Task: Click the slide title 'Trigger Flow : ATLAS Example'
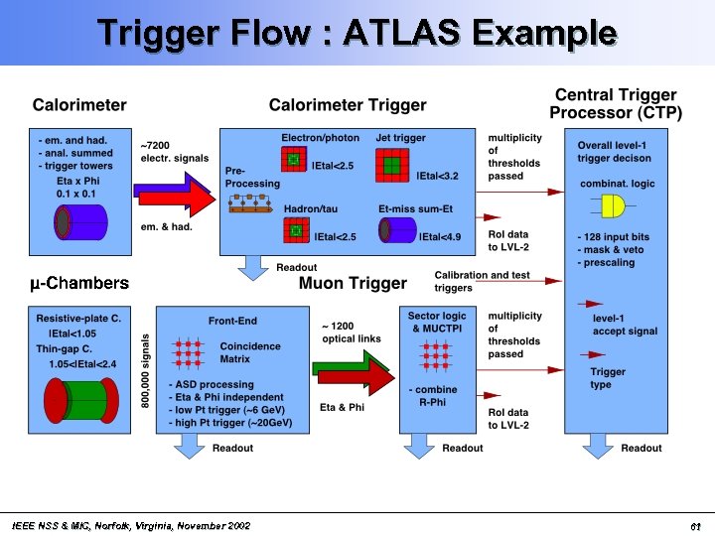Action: pyautogui.click(x=357, y=33)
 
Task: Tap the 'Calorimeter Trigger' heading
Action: pyautogui.click(x=348, y=105)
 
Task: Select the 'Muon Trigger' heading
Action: pyautogui.click(x=353, y=284)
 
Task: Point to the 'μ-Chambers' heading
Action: pyautogui.click(x=79, y=284)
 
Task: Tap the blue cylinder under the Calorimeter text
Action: pyautogui.click(x=80, y=224)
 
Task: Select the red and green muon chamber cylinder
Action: pyautogui.click(x=80, y=408)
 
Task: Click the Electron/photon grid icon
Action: pyautogui.click(x=294, y=160)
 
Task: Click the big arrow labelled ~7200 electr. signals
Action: pyautogui.click(x=174, y=199)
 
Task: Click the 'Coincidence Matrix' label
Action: pyautogui.click(x=249, y=352)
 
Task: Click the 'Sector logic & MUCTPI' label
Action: pyautogui.click(x=437, y=322)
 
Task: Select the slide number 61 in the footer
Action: pyautogui.click(x=695, y=525)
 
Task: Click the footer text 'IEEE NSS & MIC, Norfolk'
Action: pyautogui.click(x=129, y=525)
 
